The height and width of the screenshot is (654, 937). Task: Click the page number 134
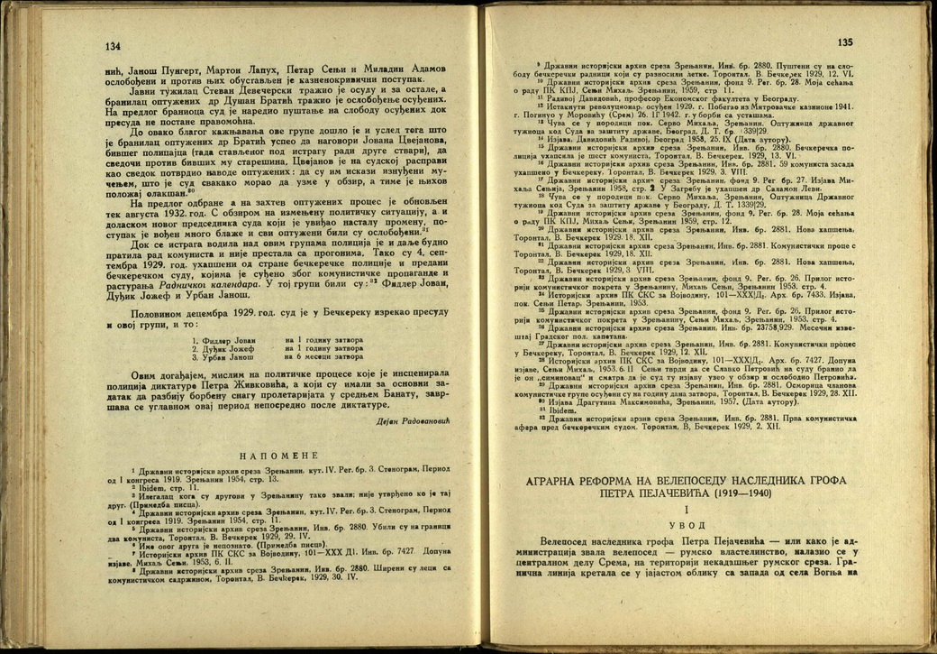point(113,46)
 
